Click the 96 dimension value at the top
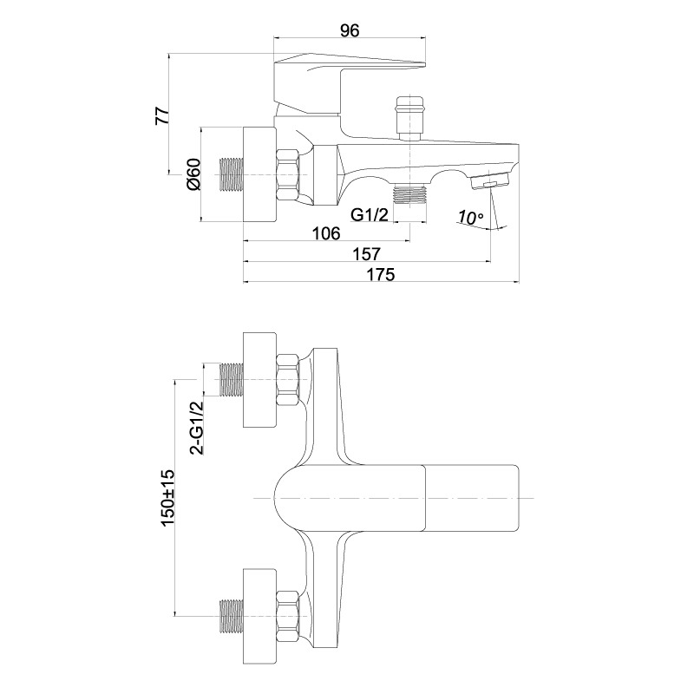point(350,30)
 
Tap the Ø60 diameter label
point(193,174)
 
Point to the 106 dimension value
point(326,232)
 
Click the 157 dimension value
point(366,253)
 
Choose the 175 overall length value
point(380,274)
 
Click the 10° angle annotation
point(470,218)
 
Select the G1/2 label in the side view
point(370,214)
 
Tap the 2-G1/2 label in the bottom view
point(197,428)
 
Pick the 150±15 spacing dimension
point(168,498)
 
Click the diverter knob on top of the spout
point(410,118)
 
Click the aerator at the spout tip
point(489,181)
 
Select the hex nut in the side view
point(287,175)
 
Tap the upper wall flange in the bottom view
point(259,380)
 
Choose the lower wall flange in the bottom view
point(259,616)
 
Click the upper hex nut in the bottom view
point(287,380)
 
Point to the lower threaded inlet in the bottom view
point(232,616)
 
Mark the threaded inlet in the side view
point(232,175)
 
